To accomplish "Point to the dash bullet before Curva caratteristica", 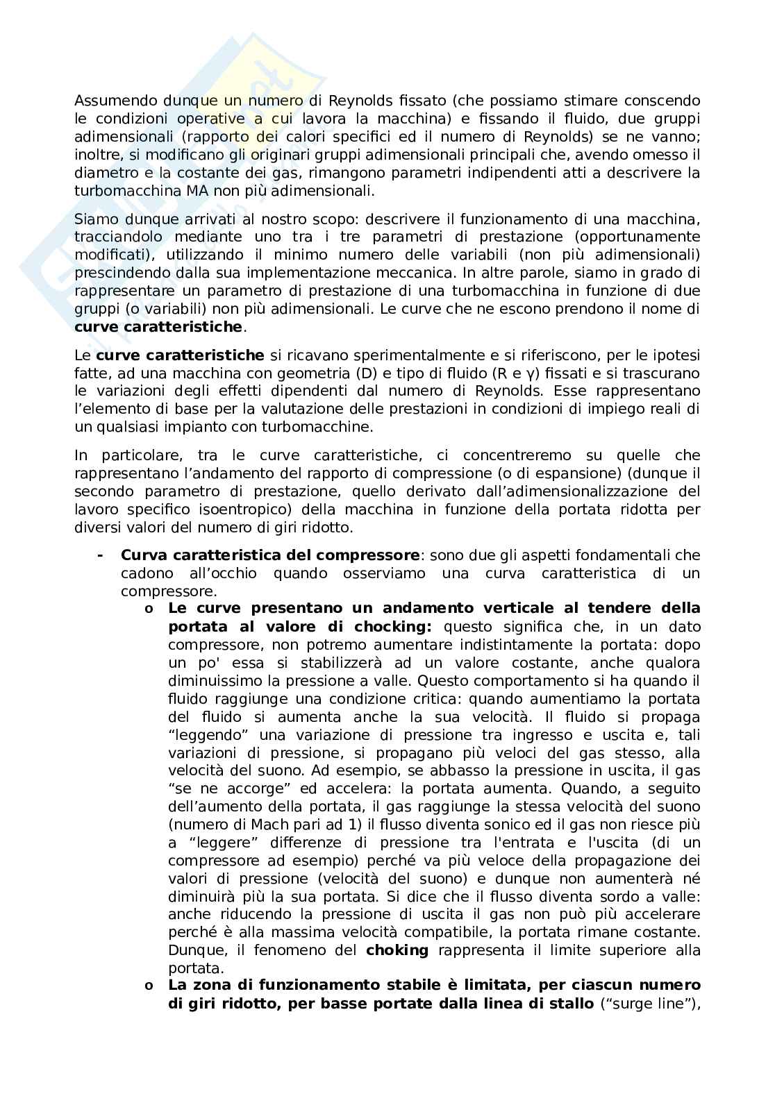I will click(101, 555).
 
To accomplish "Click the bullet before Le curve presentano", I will click(149, 609).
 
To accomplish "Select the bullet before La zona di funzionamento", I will click(149, 986).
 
